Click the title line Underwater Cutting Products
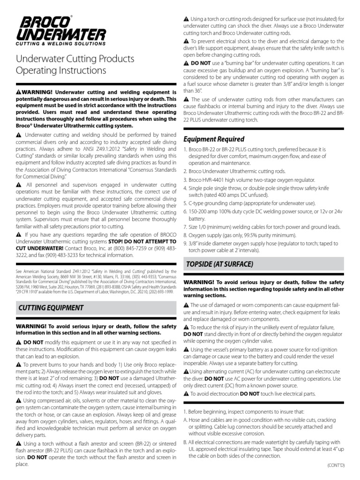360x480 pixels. click(75, 59)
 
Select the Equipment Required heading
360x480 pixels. click(214, 139)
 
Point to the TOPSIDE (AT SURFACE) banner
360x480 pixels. click(219, 264)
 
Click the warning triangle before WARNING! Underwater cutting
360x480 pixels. click(19, 92)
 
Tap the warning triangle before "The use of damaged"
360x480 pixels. click(186, 305)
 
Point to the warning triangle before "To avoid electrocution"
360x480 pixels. click(186, 394)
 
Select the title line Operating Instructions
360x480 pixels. click(61, 71)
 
